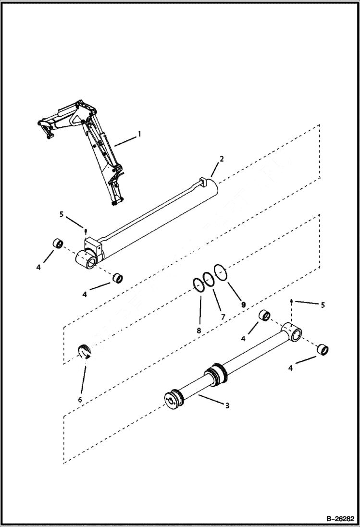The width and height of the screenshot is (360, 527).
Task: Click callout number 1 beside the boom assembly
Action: click(x=139, y=134)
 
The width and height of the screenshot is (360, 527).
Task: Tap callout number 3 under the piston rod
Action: click(x=227, y=405)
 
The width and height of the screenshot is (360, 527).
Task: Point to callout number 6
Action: click(x=80, y=399)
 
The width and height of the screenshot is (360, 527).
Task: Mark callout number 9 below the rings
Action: click(x=243, y=305)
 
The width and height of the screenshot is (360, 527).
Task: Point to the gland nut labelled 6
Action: click(x=85, y=352)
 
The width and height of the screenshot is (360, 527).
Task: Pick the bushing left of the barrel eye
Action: click(x=58, y=243)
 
